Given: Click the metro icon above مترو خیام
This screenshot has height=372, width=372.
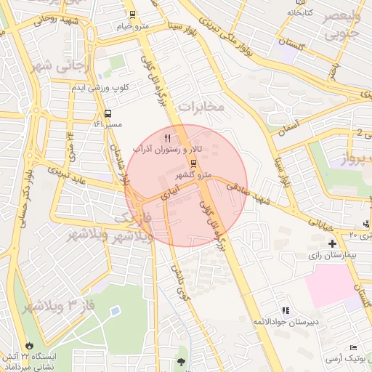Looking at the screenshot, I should [x=132, y=14].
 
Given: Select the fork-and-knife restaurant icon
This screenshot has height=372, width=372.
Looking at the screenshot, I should [x=168, y=137].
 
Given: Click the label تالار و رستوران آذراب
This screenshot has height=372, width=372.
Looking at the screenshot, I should [x=167, y=149].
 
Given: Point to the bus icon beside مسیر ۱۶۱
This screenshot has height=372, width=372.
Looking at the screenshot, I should [x=108, y=113].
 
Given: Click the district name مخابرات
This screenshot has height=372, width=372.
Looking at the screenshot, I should [x=202, y=108].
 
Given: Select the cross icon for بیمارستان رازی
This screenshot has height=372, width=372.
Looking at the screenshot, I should [x=332, y=243].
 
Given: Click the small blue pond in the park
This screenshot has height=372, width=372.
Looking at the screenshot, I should [x=115, y=311].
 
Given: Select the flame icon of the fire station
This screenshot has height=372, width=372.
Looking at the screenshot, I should [x=29, y=345].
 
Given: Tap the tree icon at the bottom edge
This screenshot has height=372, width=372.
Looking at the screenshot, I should [x=180, y=360].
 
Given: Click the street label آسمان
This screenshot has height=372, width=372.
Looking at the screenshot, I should [x=288, y=126].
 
